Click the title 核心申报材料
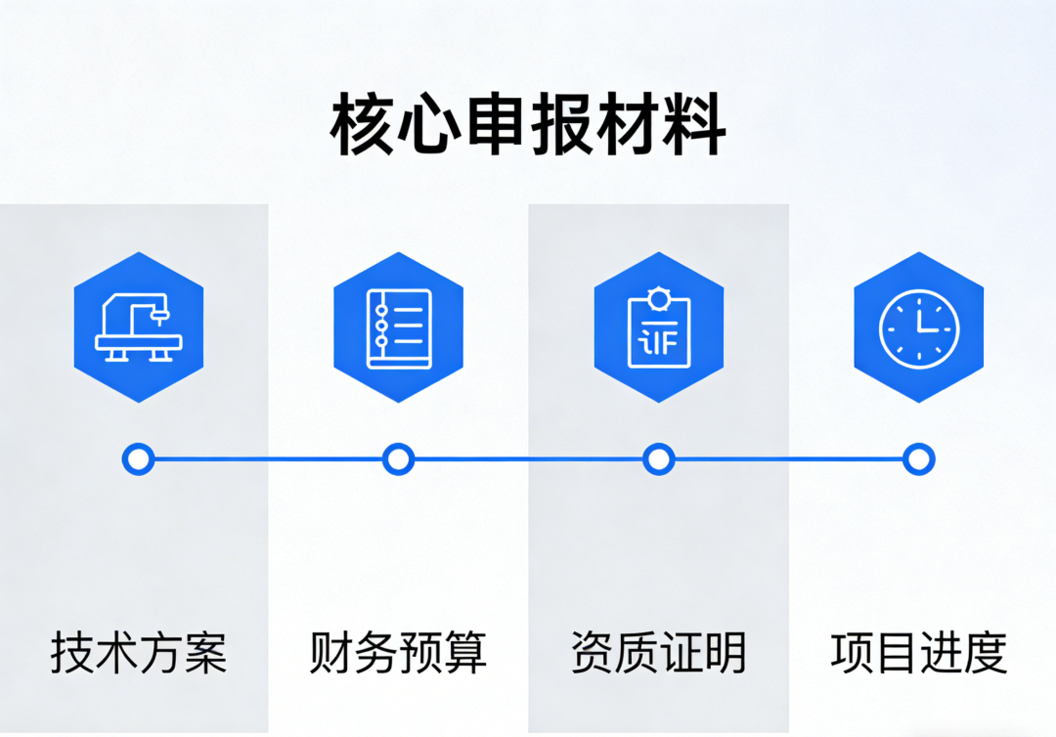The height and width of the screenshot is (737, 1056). pyautogui.click(x=528, y=125)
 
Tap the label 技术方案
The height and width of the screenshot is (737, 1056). pyautogui.click(x=138, y=653)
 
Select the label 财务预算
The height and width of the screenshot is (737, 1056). pyautogui.click(x=398, y=653)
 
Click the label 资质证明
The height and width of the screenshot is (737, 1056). pyautogui.click(x=658, y=653)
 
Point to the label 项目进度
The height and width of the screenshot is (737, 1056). pyautogui.click(x=918, y=653)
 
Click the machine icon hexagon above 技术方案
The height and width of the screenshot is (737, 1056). pyautogui.click(x=139, y=327)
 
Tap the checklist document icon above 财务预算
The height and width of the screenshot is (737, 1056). pyautogui.click(x=398, y=327)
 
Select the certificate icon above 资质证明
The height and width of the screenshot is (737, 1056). pyautogui.click(x=659, y=327)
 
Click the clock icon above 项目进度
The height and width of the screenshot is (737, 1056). pyautogui.click(x=918, y=327)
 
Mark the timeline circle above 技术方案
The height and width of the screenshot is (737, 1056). pyautogui.click(x=139, y=458)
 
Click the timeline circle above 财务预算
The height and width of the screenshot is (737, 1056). pyautogui.click(x=398, y=458)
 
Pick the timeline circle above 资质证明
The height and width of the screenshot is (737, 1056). pyautogui.click(x=659, y=458)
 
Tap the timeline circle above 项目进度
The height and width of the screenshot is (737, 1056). pyautogui.click(x=918, y=458)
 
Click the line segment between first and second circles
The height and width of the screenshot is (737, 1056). pyautogui.click(x=269, y=458)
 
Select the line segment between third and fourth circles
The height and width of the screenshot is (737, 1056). pyautogui.click(x=788, y=458)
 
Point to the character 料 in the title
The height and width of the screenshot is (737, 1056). pyautogui.click(x=693, y=125)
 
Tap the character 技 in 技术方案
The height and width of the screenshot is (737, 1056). pyautogui.click(x=72, y=653)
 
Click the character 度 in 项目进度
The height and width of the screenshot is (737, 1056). pyautogui.click(x=985, y=653)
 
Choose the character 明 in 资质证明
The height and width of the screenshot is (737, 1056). pyautogui.click(x=725, y=653)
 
